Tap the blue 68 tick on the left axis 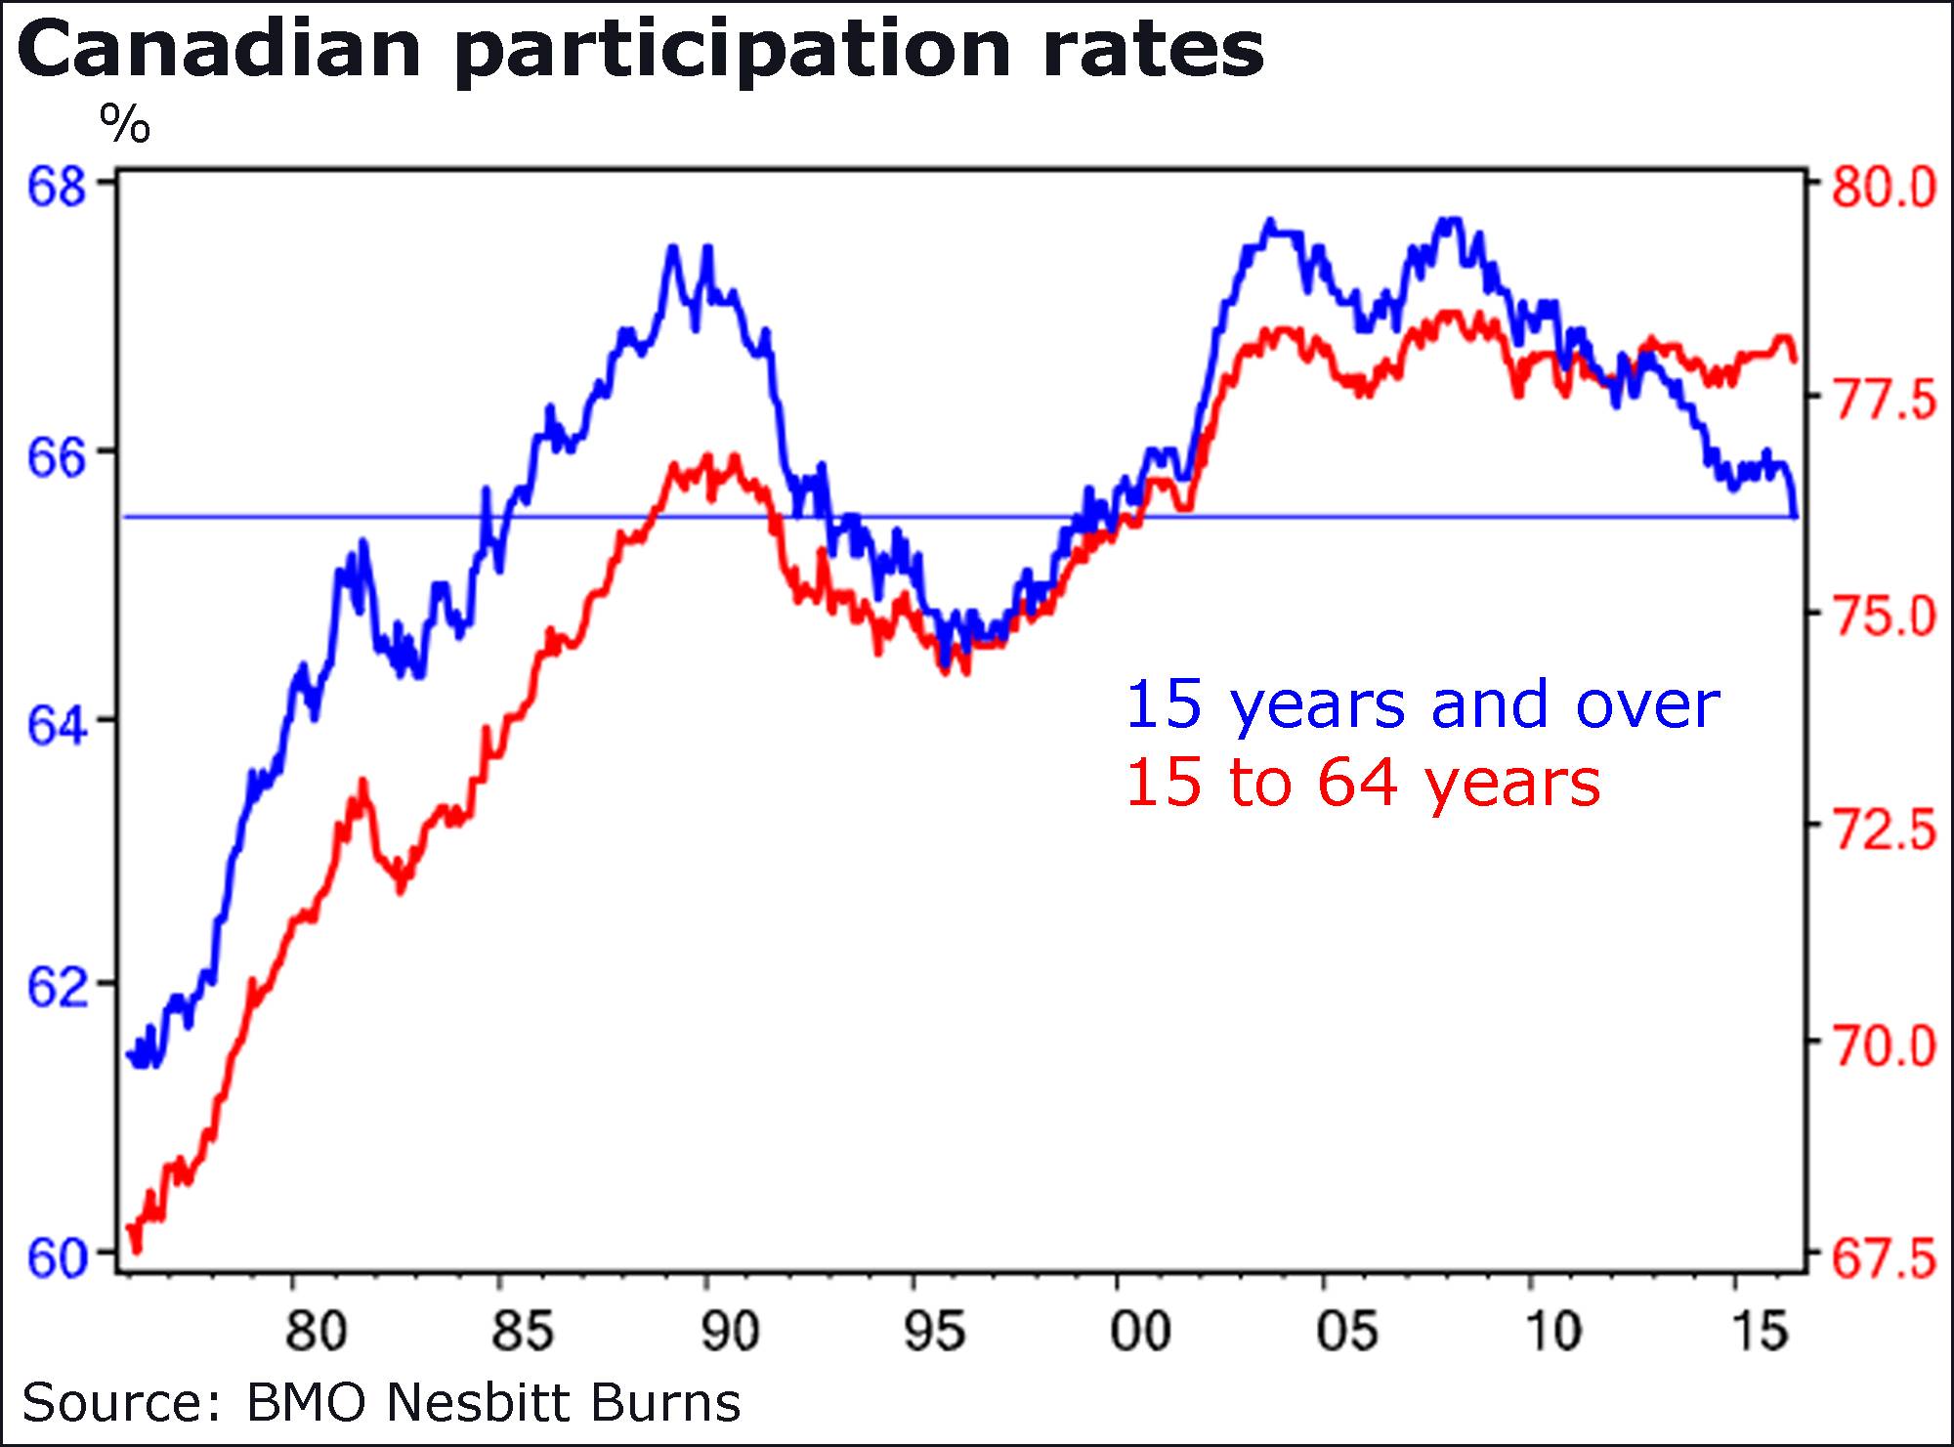click(56, 186)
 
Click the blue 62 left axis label click(56, 990)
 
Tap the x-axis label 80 click(316, 1331)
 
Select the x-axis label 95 click(935, 1331)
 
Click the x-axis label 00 click(1140, 1331)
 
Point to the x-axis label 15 click(1761, 1331)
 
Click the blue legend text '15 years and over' click(1423, 705)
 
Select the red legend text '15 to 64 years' click(1363, 784)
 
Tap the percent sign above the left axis click(125, 124)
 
